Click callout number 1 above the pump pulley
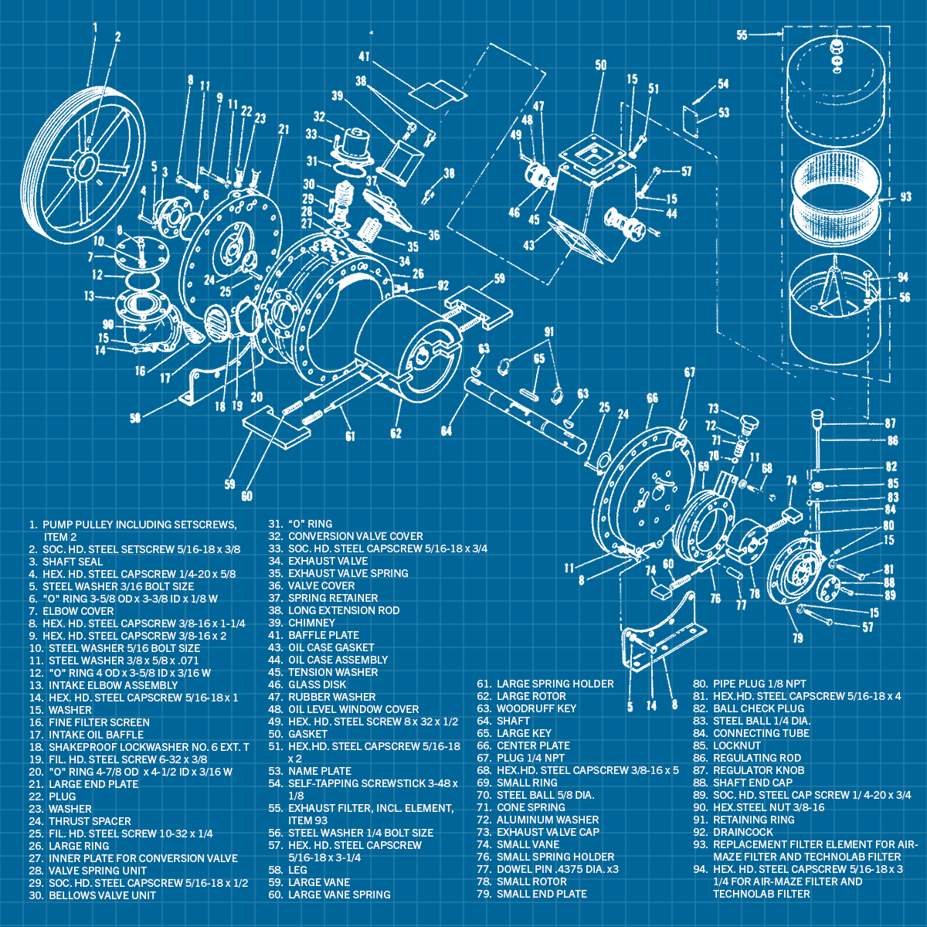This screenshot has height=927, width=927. pyautogui.click(x=95, y=27)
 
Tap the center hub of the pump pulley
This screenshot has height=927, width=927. pyautogui.click(x=84, y=165)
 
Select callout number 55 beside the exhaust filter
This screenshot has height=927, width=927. pyautogui.click(x=742, y=35)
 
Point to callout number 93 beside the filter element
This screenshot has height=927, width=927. pyautogui.click(x=905, y=197)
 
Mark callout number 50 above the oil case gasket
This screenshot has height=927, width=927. pyautogui.click(x=600, y=66)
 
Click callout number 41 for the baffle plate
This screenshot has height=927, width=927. pyautogui.click(x=364, y=56)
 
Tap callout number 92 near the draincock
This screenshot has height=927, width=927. pyautogui.click(x=443, y=286)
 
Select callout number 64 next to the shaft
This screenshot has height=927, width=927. pyautogui.click(x=446, y=430)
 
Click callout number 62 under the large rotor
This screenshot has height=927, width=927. pyautogui.click(x=396, y=433)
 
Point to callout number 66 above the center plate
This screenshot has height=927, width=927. pyautogui.click(x=652, y=398)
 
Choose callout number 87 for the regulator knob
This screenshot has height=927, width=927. pyautogui.click(x=891, y=423)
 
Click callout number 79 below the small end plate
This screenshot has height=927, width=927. pyautogui.click(x=797, y=637)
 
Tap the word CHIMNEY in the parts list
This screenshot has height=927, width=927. pyautogui.click(x=311, y=623)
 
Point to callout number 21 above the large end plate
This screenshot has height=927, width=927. pyautogui.click(x=284, y=129)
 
